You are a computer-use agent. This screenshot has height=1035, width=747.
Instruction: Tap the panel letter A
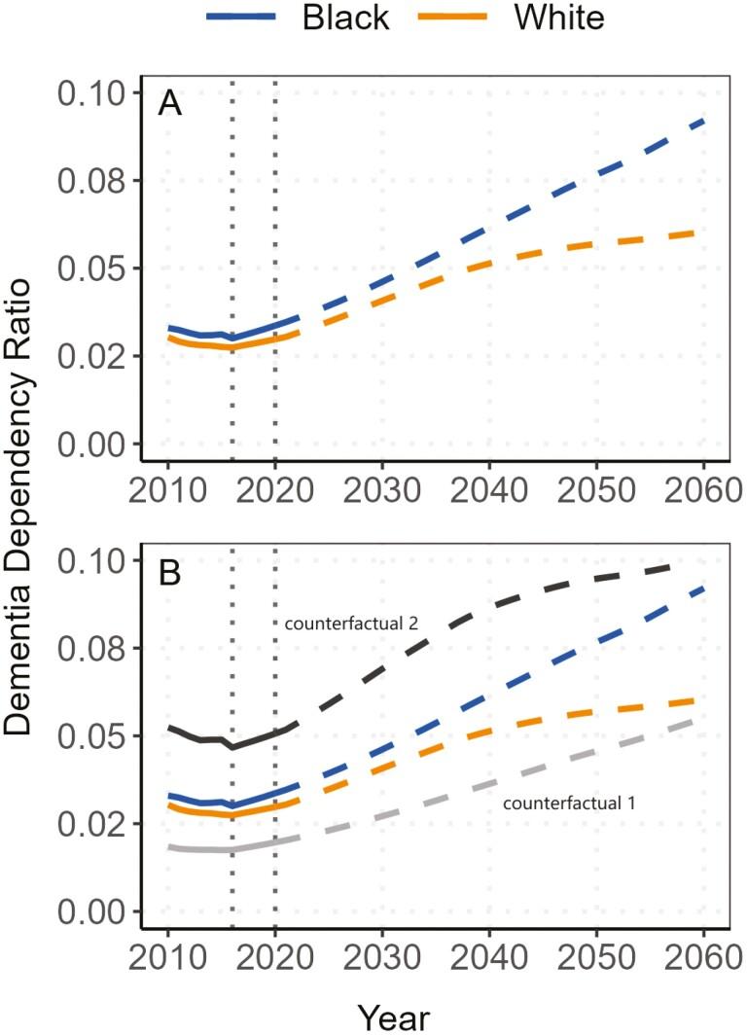170,102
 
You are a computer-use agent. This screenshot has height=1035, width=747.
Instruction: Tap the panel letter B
170,571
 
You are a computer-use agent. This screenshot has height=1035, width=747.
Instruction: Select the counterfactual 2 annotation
351,623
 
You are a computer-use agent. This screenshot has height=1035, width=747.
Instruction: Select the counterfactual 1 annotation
569,803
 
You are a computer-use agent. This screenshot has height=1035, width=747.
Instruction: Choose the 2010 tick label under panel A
168,485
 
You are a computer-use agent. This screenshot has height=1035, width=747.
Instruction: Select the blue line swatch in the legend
237,18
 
